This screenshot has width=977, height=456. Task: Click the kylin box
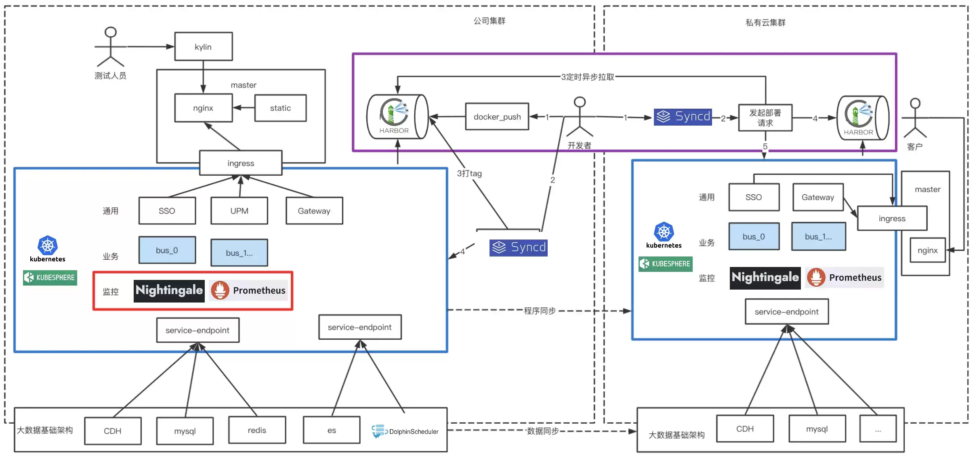click(203, 46)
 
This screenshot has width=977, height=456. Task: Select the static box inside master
click(280, 108)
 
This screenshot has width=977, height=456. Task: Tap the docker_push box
click(497, 116)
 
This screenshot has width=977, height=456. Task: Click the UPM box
click(239, 210)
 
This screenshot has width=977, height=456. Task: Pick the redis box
click(257, 430)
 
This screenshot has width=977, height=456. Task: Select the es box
click(332, 430)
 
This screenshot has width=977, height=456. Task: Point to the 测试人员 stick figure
click(110, 46)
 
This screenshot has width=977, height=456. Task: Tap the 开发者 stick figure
click(580, 117)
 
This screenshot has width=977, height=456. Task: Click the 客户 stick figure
click(915, 118)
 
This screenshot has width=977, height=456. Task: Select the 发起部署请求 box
click(765, 118)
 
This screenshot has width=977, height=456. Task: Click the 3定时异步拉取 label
click(587, 77)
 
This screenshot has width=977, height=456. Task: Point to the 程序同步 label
click(540, 311)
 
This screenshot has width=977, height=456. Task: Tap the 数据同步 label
click(543, 431)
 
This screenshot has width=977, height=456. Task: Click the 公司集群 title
click(489, 21)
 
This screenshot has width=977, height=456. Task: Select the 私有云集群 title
click(765, 23)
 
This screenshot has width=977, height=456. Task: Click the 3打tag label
click(469, 173)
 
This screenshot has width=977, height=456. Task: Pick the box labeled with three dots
click(878, 429)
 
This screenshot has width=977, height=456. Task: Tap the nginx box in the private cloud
click(927, 250)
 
